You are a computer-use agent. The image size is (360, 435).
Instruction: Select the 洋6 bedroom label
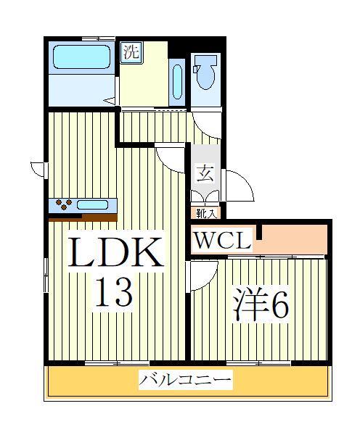coord(261,305)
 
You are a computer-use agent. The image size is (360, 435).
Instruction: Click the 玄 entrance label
coord(205,173)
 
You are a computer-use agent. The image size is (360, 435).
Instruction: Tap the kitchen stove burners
coord(62,204)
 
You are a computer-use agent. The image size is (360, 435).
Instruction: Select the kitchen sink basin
coord(92,204)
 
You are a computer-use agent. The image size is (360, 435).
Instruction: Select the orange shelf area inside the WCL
coord(294,239)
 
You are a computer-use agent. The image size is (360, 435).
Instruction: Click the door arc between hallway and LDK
coord(172,156)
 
